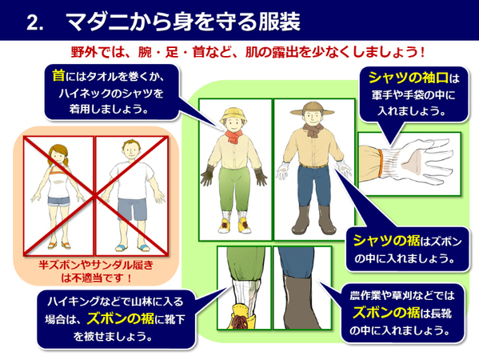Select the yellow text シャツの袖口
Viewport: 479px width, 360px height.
tap(409, 78)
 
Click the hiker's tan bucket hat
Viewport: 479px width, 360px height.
tap(234, 113)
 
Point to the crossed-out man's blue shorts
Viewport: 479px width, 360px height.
tap(131, 210)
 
